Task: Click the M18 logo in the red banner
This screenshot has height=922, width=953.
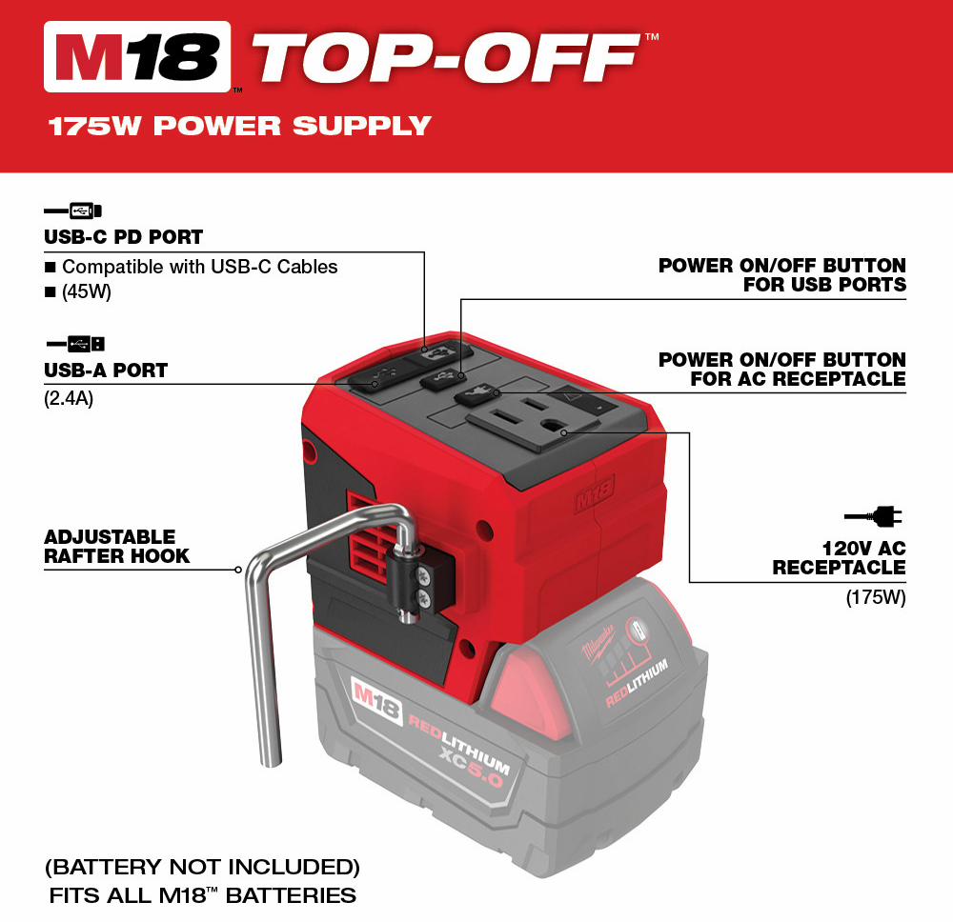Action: [137, 56]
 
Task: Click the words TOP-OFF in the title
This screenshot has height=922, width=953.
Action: [445, 57]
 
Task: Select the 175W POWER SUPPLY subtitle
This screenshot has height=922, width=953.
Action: [239, 127]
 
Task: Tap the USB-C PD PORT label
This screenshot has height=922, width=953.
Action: [123, 237]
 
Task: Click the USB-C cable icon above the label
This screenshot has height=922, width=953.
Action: [73, 210]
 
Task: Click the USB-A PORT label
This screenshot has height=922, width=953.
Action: [106, 370]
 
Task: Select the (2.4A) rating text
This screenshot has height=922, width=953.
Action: [69, 398]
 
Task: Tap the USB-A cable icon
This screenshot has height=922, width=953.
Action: [76, 344]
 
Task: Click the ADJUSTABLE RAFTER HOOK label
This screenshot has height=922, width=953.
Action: [116, 547]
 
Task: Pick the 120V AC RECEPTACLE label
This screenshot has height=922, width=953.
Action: [840, 557]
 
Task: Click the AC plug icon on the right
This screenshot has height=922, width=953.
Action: [873, 516]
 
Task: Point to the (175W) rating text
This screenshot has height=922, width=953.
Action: [876, 597]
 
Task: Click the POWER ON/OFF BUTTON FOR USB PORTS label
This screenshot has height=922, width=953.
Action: [782, 274]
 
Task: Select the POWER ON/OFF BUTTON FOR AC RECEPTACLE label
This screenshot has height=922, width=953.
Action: [782, 369]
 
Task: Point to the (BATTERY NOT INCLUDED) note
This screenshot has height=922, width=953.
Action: [202, 867]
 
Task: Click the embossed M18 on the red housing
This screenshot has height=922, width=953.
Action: [595, 493]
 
